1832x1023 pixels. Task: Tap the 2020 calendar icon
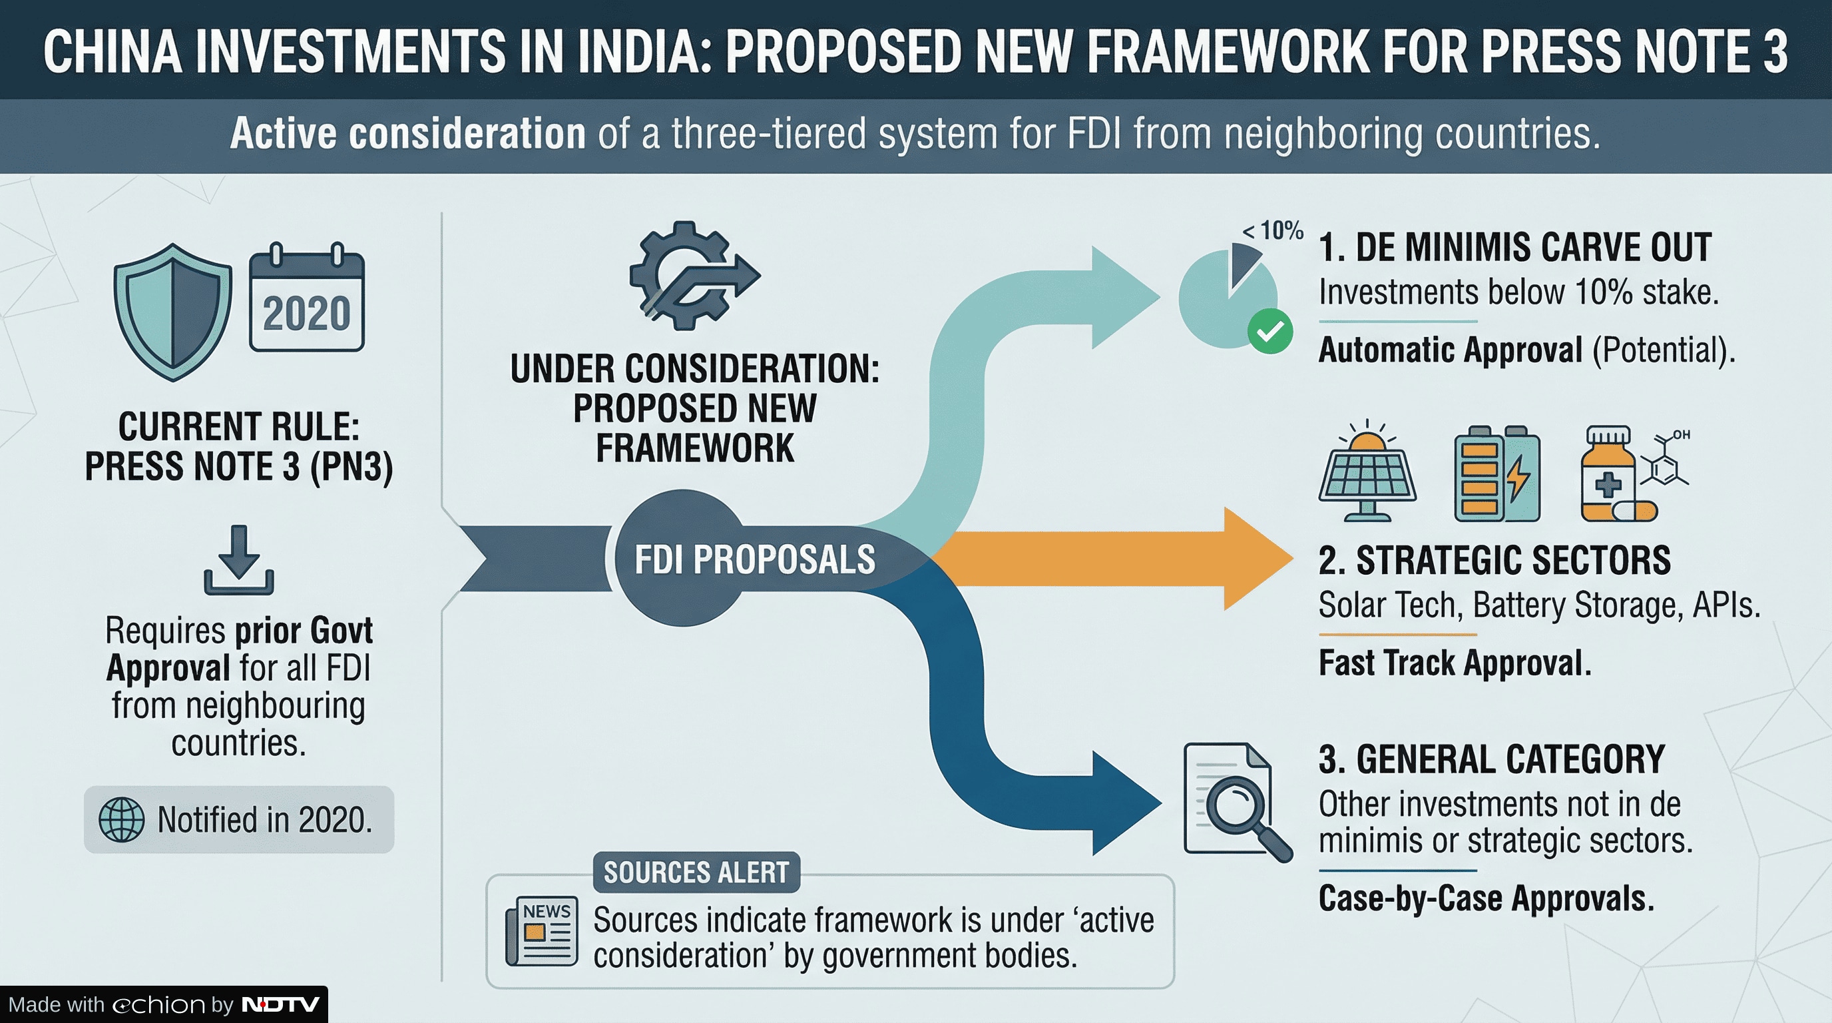[306, 299]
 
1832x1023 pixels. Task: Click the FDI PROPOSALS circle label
[754, 559]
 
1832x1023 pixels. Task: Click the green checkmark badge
[1270, 332]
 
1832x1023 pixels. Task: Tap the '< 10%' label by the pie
[1273, 230]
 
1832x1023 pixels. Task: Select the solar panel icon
[1367, 472]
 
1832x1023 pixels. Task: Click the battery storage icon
[1497, 474]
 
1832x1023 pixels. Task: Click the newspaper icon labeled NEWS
[542, 930]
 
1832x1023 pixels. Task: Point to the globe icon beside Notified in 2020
[122, 820]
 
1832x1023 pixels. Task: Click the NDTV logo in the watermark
[281, 1004]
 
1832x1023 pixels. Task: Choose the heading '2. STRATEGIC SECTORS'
[1494, 561]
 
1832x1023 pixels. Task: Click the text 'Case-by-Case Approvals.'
[1487, 898]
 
